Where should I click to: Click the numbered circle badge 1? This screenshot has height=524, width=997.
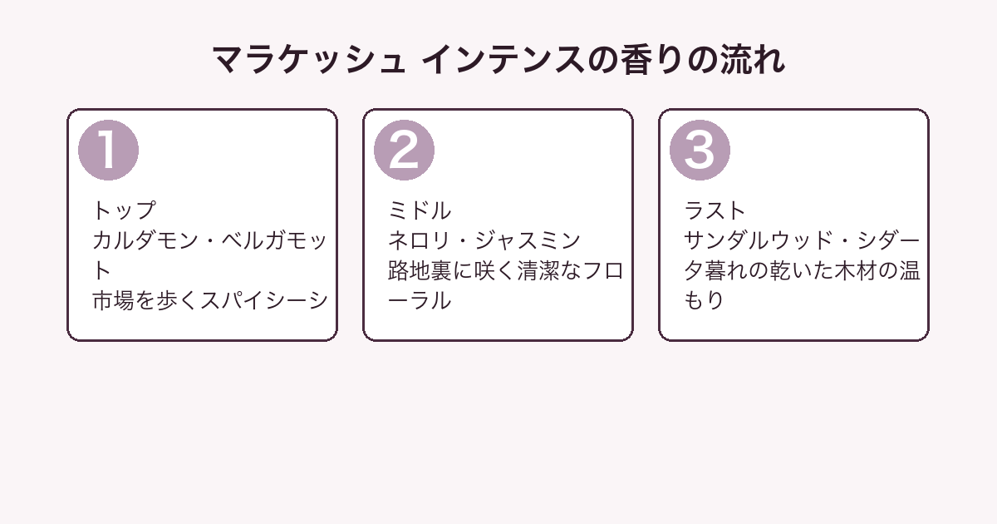tap(108, 151)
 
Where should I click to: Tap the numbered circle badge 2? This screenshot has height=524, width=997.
tap(404, 151)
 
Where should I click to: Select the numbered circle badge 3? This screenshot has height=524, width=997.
tap(700, 151)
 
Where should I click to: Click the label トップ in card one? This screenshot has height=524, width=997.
tap(125, 210)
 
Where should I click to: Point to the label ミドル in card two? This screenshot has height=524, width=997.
tap(420, 210)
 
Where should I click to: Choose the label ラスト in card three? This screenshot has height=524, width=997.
tap(715, 210)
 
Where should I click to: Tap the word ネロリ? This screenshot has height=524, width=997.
tap(419, 240)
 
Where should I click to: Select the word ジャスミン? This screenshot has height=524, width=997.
tap(528, 240)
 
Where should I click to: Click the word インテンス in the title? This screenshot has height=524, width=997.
tap(503, 60)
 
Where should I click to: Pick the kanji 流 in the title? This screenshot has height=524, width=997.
tap(738, 60)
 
